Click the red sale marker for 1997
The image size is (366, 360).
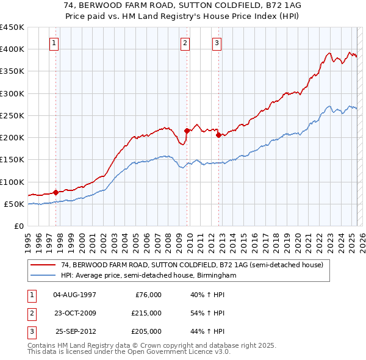56,192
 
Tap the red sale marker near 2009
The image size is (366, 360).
187,131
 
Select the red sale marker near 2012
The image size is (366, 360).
218,135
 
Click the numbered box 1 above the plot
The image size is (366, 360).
55,43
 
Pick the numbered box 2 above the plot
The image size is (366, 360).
185,43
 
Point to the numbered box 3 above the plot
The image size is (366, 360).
217,43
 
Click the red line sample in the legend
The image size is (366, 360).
44,265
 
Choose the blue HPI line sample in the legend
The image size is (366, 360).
44,275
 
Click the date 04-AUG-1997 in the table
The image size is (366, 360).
74,295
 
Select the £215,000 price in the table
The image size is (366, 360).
146,313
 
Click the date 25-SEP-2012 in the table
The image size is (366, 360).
76,331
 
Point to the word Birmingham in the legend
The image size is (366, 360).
217,275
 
